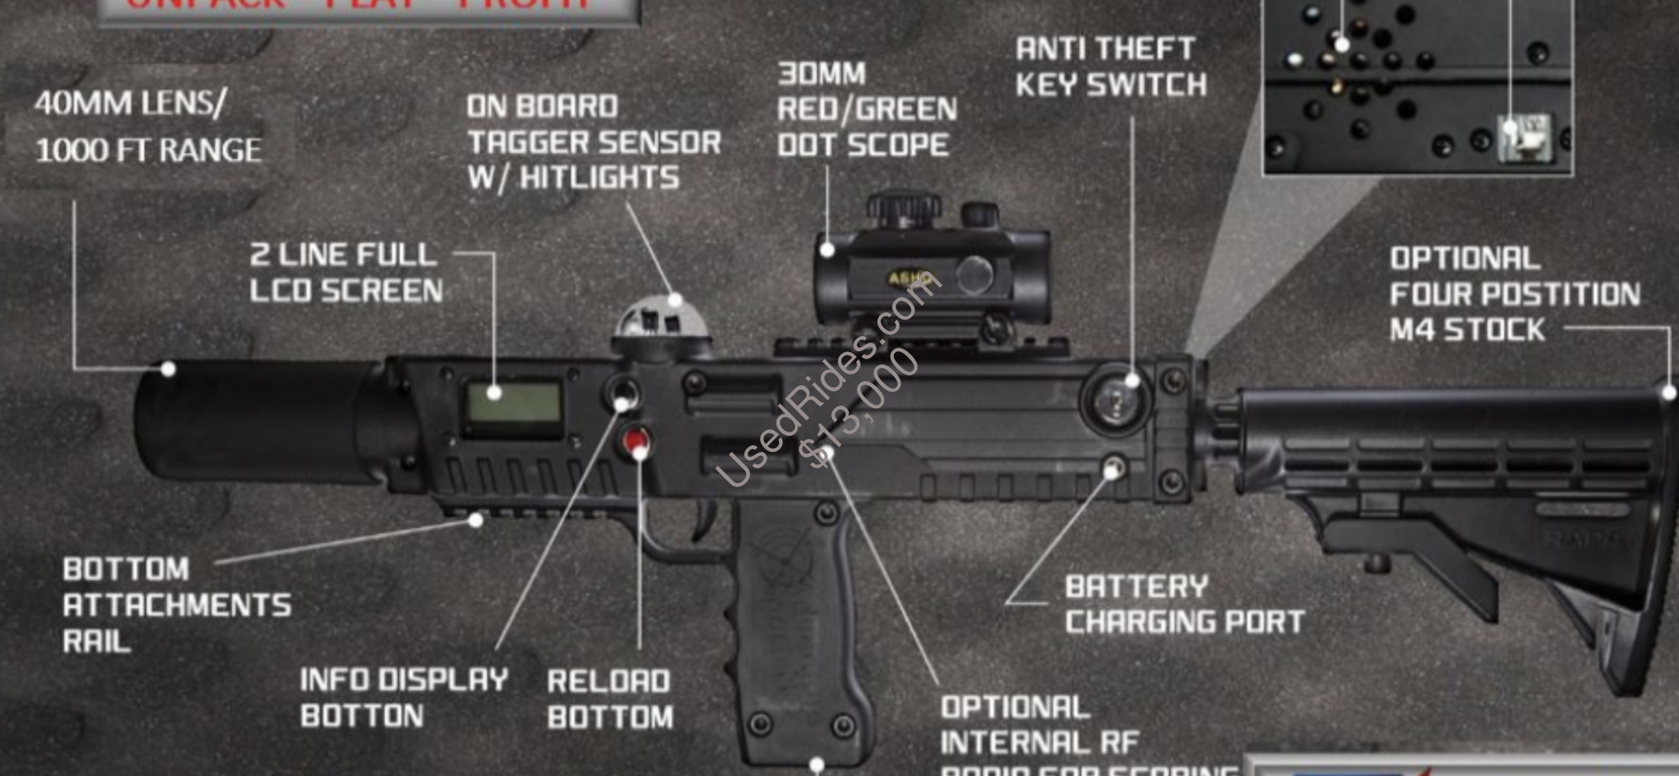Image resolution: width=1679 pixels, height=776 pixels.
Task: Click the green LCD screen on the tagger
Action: (x=514, y=405)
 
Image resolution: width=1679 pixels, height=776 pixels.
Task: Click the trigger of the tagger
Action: (x=703, y=517)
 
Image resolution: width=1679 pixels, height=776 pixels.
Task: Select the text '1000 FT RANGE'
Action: (x=149, y=150)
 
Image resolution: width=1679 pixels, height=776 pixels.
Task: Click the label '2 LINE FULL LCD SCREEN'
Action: (x=346, y=272)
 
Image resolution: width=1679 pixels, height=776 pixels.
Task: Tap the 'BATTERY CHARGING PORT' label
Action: (x=1184, y=604)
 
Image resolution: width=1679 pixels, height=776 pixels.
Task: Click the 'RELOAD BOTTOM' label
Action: (x=609, y=699)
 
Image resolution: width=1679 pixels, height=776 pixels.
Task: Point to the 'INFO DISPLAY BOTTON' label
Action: (x=404, y=697)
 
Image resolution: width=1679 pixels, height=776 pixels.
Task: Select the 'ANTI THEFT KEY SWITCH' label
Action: (x=1110, y=67)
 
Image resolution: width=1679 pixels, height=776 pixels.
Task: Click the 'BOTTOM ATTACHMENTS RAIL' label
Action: (x=176, y=605)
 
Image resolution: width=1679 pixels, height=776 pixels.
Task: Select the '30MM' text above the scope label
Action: (x=821, y=74)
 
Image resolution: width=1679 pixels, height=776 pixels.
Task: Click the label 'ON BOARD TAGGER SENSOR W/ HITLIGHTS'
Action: (x=594, y=142)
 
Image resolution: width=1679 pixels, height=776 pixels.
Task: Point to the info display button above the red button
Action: (x=623, y=393)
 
